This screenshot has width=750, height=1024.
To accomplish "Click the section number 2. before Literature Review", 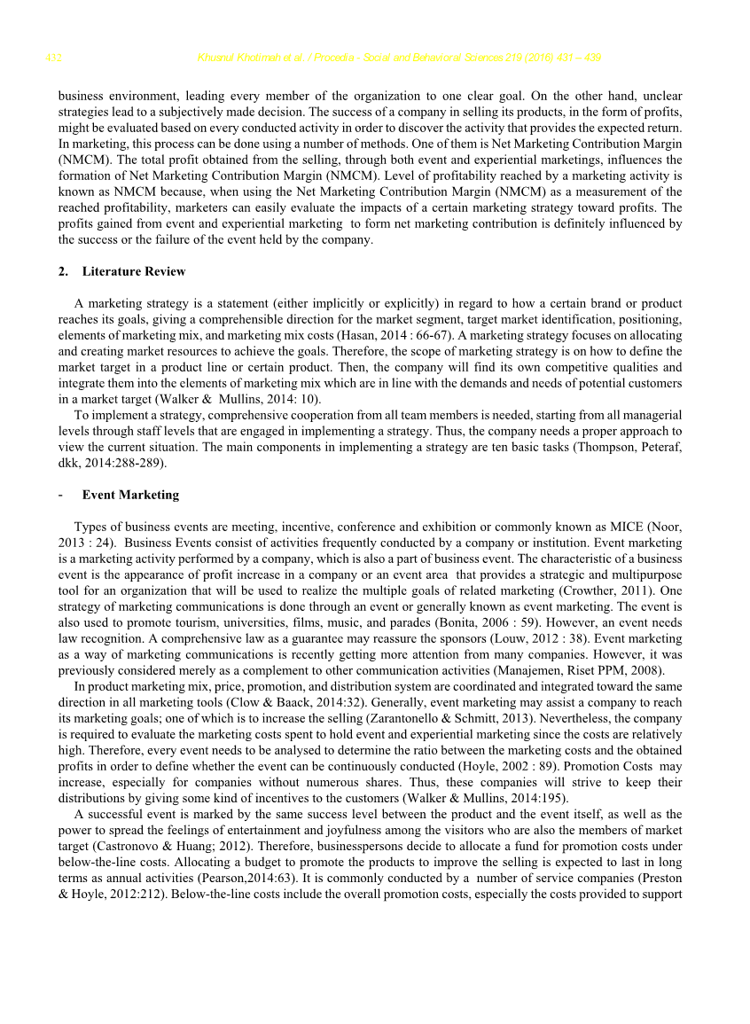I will pos(63,271).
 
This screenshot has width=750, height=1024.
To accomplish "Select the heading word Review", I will pos(166,271).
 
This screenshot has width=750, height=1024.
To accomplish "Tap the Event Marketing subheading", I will pos(130,495).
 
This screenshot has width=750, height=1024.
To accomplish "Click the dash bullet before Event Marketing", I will pos(59,495).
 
